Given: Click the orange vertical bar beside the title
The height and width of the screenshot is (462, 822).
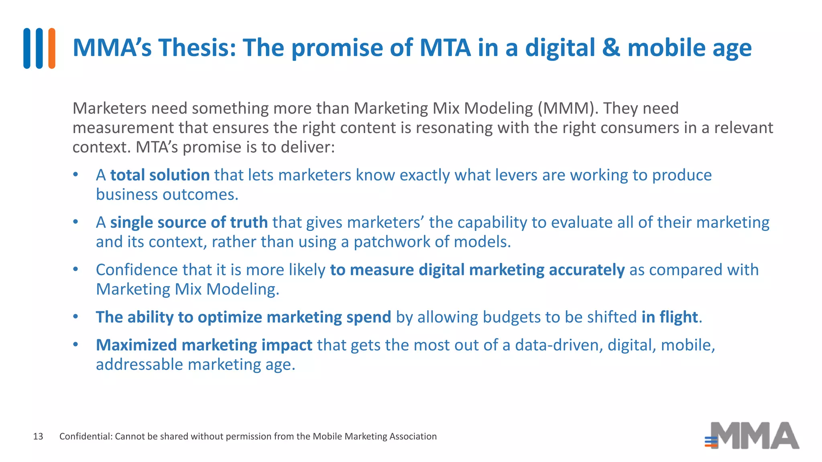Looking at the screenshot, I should point(52,48).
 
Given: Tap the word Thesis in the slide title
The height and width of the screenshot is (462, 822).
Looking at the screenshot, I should point(193,48).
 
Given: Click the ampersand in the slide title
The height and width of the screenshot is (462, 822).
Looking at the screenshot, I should point(611,48).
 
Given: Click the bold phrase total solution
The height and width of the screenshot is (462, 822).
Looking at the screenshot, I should point(160,175).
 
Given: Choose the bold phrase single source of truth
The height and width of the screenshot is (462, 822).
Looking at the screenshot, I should point(189,223).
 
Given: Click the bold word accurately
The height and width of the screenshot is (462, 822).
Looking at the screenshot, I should point(586,270).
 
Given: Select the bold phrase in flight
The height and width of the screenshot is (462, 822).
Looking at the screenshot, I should point(669,317).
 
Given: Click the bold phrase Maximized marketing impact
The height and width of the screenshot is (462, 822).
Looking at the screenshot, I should point(204,345).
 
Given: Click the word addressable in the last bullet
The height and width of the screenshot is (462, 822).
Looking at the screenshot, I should point(139,365).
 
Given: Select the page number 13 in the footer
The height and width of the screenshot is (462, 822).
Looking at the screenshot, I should point(38,436).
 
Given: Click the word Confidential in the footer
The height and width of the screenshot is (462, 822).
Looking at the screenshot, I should point(85,436).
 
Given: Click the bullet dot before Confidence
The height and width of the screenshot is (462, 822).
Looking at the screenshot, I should point(75,269).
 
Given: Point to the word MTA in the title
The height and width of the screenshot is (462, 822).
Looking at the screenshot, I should point(445,48).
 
